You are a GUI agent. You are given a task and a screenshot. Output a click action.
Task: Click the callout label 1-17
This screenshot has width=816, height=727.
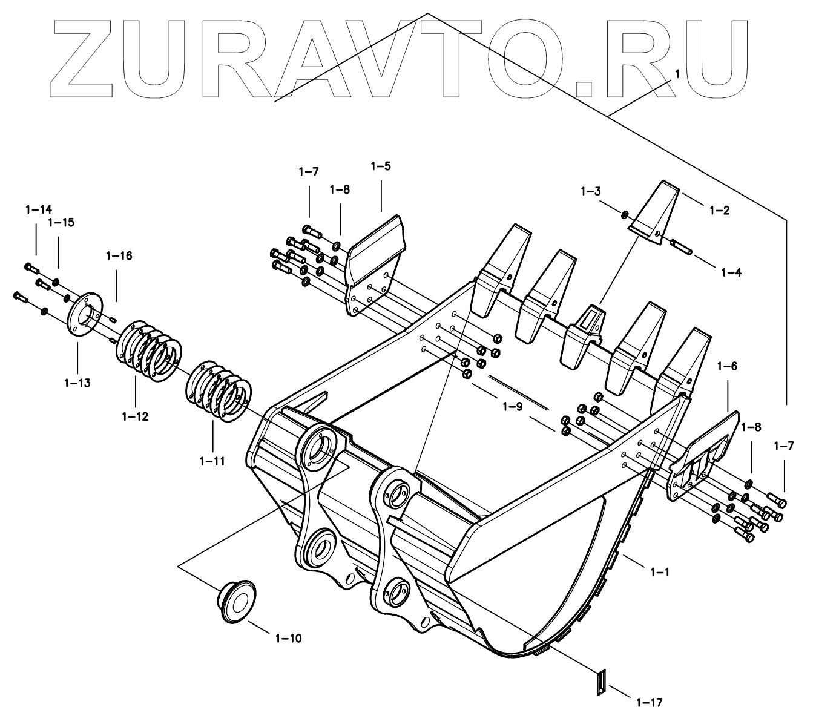tap(650, 702)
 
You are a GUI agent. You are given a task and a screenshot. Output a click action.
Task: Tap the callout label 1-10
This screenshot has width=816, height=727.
tap(288, 637)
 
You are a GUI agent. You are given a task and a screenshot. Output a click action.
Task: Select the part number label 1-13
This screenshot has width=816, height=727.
tap(77, 383)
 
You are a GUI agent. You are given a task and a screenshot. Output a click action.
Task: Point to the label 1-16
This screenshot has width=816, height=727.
tap(119, 255)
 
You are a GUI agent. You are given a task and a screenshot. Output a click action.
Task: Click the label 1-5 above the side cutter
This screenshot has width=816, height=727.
tap(381, 166)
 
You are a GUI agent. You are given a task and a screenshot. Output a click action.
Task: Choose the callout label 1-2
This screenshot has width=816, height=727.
tap(719, 210)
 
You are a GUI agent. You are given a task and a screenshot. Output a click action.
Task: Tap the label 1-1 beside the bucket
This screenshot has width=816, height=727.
tap(659, 571)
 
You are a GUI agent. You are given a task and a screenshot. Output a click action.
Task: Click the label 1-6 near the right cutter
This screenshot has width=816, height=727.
tap(727, 366)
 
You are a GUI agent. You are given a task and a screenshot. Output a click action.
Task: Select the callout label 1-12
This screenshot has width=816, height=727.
tap(135, 416)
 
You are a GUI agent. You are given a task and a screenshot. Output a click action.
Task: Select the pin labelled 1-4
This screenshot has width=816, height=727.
tap(682, 246)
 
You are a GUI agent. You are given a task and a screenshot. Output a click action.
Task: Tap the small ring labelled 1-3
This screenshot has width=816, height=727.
tap(624, 214)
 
